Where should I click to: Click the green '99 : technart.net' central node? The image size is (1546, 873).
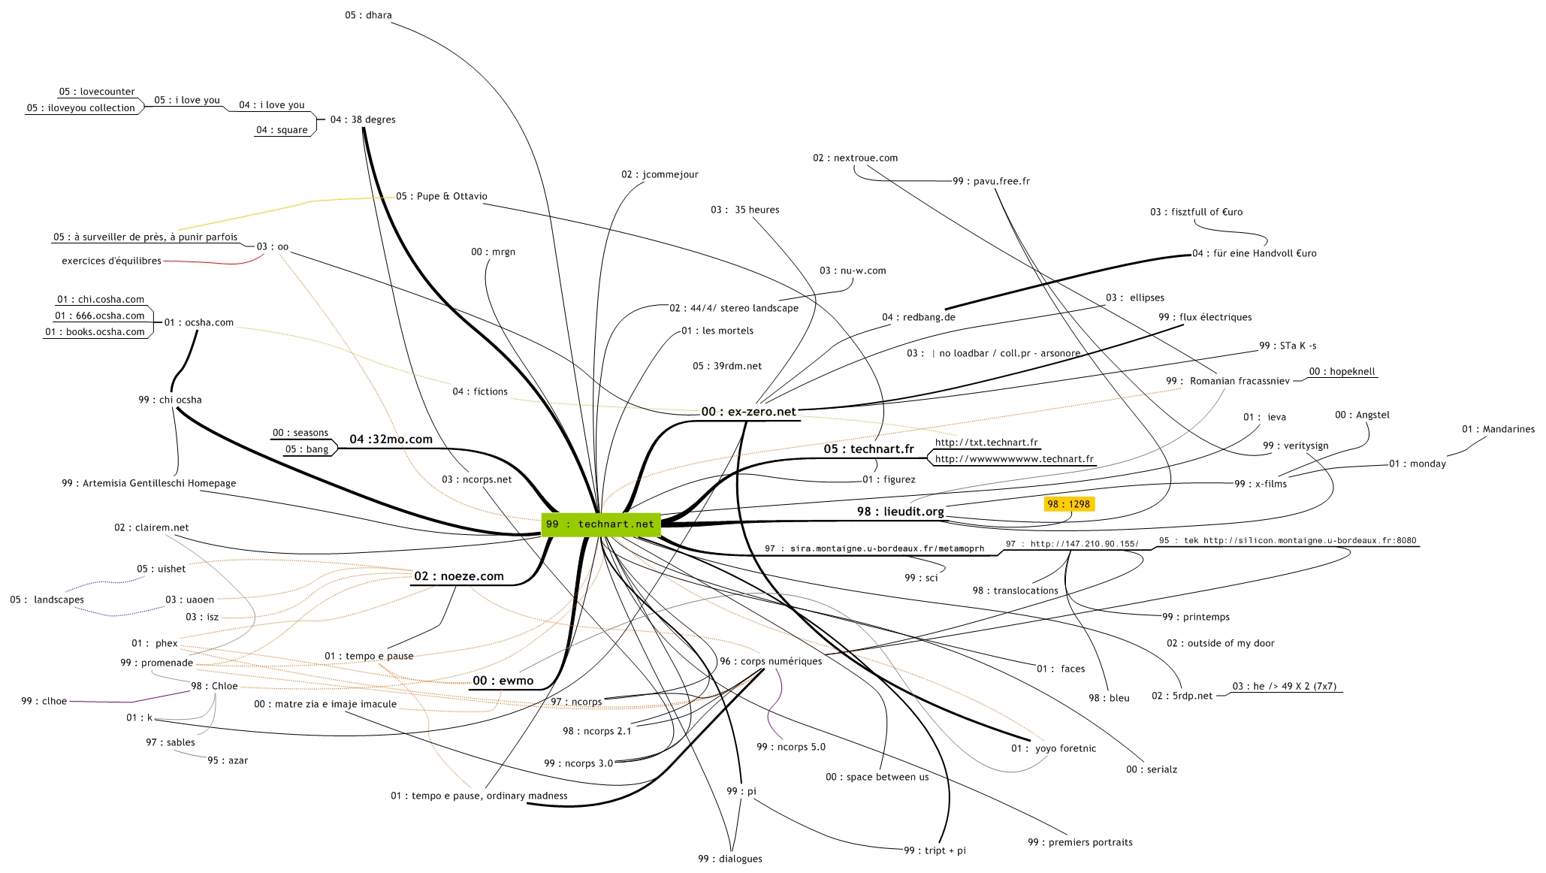[x=600, y=524]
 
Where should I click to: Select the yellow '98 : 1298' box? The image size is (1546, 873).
[x=1068, y=504]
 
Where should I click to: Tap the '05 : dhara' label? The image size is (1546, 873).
[x=368, y=15]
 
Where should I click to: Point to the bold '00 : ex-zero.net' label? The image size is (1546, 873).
[x=748, y=412]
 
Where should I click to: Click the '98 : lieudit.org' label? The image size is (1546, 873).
[x=900, y=512]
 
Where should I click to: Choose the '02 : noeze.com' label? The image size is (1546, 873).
[x=458, y=576]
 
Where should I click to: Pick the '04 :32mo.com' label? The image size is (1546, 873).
[x=391, y=440]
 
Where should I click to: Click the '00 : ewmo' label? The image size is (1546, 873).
[x=503, y=681]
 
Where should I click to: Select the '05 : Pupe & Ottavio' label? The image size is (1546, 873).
[x=442, y=196]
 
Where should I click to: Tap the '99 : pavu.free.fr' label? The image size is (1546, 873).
[x=991, y=181]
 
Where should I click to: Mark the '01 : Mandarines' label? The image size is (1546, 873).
[x=1498, y=429]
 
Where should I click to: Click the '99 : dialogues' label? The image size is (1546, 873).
[x=729, y=859]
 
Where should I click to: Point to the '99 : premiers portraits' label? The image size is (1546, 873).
[x=1079, y=842]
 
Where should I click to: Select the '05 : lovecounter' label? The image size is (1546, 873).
[x=97, y=92]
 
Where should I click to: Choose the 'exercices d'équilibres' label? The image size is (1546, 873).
[x=111, y=261]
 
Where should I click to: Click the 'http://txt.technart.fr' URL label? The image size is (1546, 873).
[x=986, y=443]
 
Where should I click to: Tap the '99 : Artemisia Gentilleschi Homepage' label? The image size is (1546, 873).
[x=149, y=483]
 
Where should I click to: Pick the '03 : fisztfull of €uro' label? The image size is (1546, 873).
[x=1196, y=212]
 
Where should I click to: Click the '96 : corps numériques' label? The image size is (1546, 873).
[x=771, y=661]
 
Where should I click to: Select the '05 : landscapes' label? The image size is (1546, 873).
[x=47, y=600]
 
